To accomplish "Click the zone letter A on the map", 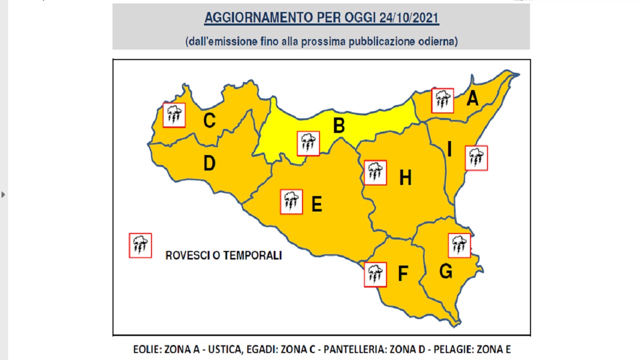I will (472, 98).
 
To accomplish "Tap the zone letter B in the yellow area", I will (339, 125).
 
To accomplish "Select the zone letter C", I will (209, 120).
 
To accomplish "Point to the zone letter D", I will (209, 163).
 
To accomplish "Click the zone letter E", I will (316, 204).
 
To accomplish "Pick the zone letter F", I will (402, 273).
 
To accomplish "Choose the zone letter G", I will (445, 271).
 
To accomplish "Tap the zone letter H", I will (405, 177).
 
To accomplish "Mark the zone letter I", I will (449, 149).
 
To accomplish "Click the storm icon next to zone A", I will (442, 100).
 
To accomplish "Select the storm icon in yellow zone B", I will (308, 143).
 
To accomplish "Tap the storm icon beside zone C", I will (174, 115).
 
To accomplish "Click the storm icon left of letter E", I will (291, 202).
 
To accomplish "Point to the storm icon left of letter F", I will (375, 274).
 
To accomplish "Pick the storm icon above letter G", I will (459, 245).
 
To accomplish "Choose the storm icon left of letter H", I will (375, 172).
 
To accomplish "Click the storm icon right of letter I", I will (476, 158).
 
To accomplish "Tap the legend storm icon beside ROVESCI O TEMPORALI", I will (140, 245).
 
